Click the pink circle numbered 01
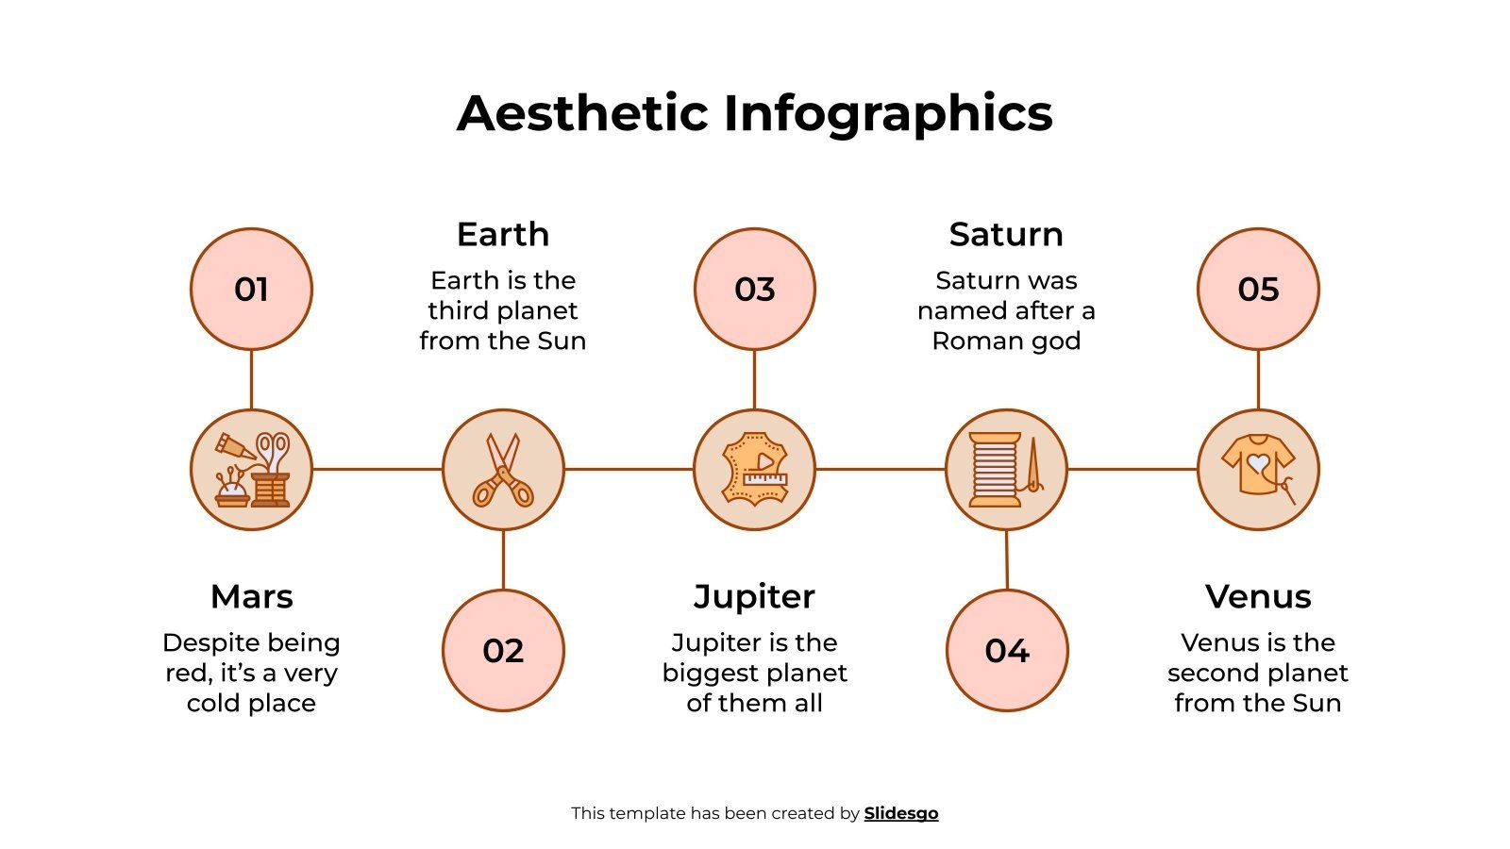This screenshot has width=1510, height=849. click(251, 289)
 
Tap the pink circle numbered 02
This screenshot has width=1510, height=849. click(503, 650)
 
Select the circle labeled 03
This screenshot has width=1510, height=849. click(754, 289)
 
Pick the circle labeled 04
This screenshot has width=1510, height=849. click(1007, 650)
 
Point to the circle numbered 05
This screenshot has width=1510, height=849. click(1258, 289)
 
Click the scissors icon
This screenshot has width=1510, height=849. click(503, 469)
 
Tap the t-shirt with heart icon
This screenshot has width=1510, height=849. click(1258, 469)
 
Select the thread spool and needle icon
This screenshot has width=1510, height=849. click(1006, 469)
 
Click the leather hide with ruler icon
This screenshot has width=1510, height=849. click(754, 469)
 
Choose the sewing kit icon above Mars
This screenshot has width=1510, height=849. click(251, 469)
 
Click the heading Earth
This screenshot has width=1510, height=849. click(503, 234)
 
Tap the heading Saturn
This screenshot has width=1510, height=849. click(1006, 234)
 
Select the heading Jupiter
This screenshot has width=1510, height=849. click(754, 596)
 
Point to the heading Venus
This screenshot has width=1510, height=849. click(1258, 596)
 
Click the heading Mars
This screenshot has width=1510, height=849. click(251, 596)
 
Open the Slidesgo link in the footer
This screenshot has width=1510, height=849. click(900, 813)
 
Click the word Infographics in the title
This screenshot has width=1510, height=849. click(887, 113)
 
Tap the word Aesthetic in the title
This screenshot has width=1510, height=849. click(582, 113)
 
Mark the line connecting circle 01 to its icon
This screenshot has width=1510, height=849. click(251, 379)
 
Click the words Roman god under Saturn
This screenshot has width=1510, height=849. click(1006, 341)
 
